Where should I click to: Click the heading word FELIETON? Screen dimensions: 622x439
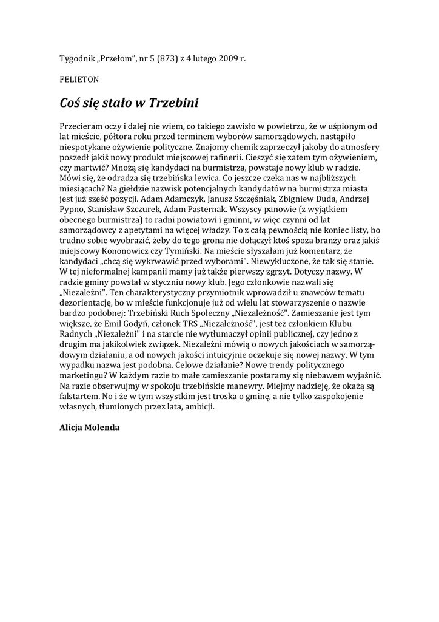coord(79,79)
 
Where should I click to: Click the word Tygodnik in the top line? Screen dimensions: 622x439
coord(76,58)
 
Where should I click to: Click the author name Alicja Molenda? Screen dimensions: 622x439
coord(90,428)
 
